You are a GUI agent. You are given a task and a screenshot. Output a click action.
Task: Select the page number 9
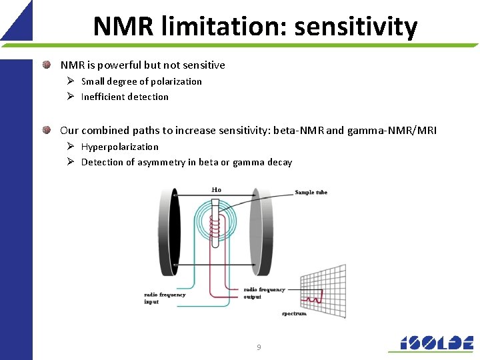tap(259, 347)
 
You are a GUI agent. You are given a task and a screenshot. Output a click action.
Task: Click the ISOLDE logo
tap(431, 342)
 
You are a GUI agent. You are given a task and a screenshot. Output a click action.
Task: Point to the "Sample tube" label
tap(311, 193)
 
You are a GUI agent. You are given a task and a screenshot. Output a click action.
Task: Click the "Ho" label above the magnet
tap(216, 190)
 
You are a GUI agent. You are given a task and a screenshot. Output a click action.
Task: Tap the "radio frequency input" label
tap(165, 298)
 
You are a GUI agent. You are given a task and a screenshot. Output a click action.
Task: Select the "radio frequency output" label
tap(264, 293)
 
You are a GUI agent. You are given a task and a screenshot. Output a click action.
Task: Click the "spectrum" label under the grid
tap(294, 313)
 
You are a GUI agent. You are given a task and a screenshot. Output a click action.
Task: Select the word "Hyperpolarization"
tap(120, 147)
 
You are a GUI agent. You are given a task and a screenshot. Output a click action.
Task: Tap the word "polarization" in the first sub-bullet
tap(175, 81)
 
